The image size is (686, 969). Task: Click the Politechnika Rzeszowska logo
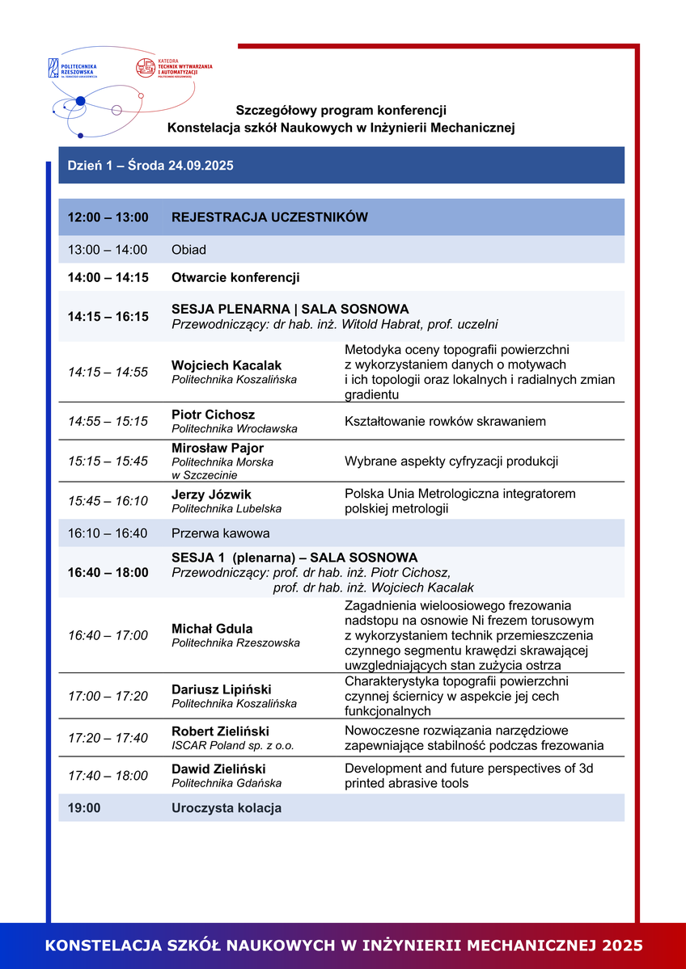pyautogui.click(x=73, y=68)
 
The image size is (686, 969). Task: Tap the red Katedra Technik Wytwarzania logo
pyautogui.click(x=173, y=67)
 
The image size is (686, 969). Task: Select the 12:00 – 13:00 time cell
pyautogui.click(x=108, y=217)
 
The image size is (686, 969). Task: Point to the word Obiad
pyautogui.click(x=188, y=250)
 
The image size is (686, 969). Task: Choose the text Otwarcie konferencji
pyautogui.click(x=235, y=277)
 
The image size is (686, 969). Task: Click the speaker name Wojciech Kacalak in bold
pyautogui.click(x=227, y=366)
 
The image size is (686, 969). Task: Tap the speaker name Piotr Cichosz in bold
pyautogui.click(x=213, y=415)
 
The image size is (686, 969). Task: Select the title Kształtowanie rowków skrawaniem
pyautogui.click(x=445, y=421)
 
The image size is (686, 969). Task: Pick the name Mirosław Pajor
pyautogui.click(x=218, y=448)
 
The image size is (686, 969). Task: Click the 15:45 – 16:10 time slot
pyautogui.click(x=108, y=501)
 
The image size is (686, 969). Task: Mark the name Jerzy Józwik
pyautogui.click(x=212, y=495)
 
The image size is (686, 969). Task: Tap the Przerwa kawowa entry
pyautogui.click(x=220, y=533)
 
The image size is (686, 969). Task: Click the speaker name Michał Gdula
pyautogui.click(x=212, y=629)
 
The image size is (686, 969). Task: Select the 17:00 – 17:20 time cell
pyautogui.click(x=108, y=696)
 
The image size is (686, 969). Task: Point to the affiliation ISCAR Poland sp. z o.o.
pyautogui.click(x=233, y=746)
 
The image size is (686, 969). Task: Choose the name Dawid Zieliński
pyautogui.click(x=218, y=769)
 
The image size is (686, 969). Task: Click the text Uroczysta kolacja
pyautogui.click(x=227, y=808)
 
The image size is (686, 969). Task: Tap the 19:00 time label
pyautogui.click(x=84, y=808)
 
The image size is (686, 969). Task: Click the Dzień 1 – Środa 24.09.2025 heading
pyautogui.click(x=150, y=166)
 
